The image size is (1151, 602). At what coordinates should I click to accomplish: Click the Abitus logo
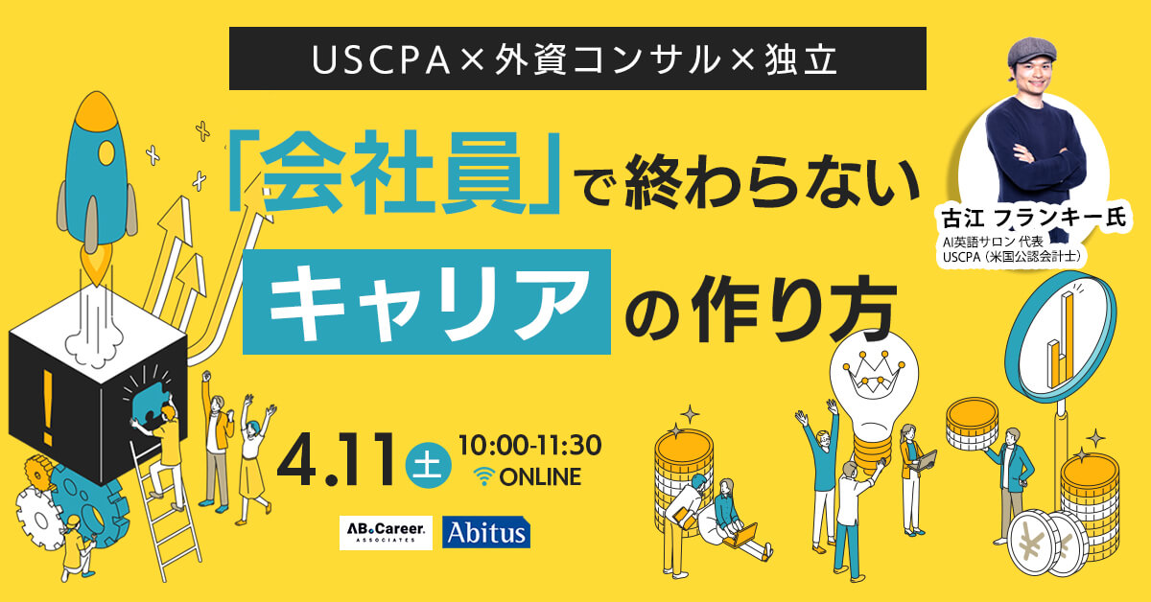[486, 533]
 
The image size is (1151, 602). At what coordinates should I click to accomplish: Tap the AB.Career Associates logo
[386, 533]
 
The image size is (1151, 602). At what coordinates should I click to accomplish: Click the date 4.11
[336, 460]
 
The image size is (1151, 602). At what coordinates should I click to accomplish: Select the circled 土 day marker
[428, 465]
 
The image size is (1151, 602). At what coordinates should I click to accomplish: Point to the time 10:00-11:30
[529, 445]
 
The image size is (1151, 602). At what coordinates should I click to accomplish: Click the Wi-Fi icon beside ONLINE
[484, 476]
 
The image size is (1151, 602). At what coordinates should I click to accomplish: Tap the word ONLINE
[541, 477]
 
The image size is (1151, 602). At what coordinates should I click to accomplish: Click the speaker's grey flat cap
[1030, 52]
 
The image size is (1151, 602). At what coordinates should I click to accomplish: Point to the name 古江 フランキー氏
[1034, 218]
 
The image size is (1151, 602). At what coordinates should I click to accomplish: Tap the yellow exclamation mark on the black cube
[48, 407]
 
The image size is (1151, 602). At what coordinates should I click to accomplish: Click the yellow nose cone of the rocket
[96, 109]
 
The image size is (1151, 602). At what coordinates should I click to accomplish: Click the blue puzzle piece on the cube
[152, 404]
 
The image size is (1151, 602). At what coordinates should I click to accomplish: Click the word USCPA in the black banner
[381, 60]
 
